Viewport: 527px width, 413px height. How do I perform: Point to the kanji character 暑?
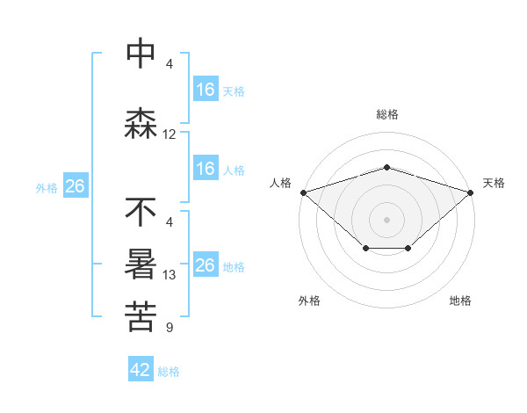(x=141, y=265)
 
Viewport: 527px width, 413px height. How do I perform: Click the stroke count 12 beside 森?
(x=170, y=134)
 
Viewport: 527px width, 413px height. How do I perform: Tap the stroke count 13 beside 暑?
(x=170, y=275)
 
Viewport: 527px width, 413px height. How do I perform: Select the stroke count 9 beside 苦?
(x=170, y=328)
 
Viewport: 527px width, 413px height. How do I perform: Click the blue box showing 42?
(x=141, y=370)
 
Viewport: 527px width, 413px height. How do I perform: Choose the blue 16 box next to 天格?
(x=205, y=90)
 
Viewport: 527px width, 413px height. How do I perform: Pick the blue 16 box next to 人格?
(x=205, y=169)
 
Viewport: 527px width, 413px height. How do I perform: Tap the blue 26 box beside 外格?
(x=76, y=186)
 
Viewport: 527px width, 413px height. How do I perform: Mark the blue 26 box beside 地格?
(x=205, y=265)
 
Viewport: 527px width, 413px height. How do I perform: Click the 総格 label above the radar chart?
(x=386, y=115)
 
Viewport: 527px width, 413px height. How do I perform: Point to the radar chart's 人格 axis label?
(x=280, y=183)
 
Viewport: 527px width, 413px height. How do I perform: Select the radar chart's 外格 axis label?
(x=309, y=301)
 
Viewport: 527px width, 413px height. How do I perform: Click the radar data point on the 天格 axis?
(x=471, y=192)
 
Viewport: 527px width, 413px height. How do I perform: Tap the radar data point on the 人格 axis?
(x=303, y=192)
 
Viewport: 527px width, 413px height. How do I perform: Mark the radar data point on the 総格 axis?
(x=386, y=167)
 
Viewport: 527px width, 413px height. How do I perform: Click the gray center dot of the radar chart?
(x=386, y=219)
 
